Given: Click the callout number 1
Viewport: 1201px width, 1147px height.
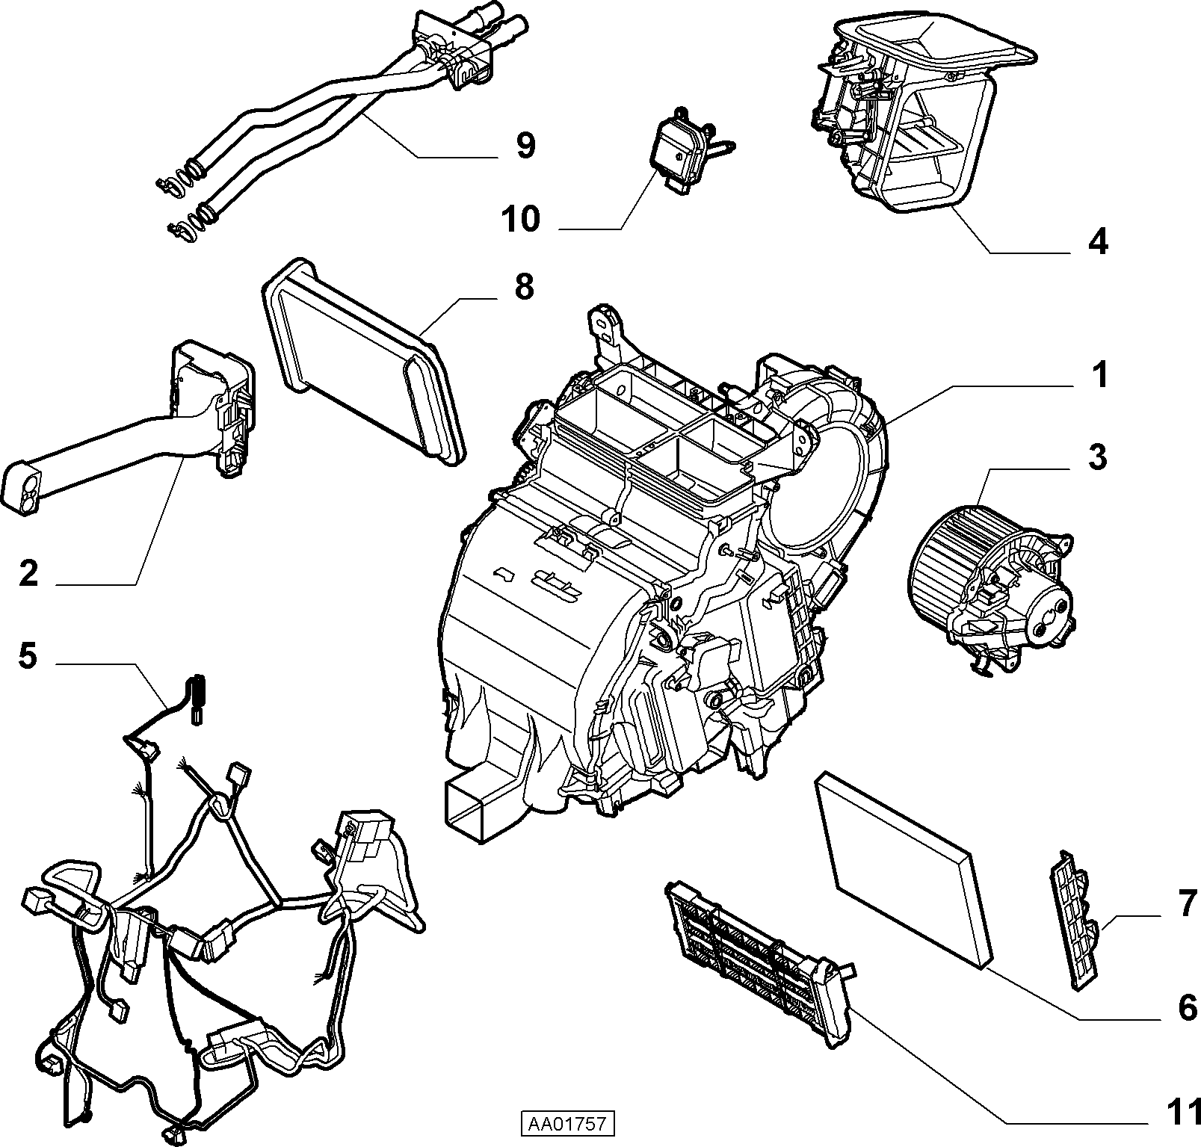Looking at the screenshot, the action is pyautogui.click(x=1098, y=376).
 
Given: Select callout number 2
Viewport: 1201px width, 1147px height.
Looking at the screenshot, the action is pyautogui.click(x=28, y=574).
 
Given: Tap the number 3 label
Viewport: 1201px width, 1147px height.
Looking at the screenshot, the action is pyautogui.click(x=1096, y=457).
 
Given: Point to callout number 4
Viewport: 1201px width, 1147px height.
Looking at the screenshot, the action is pyautogui.click(x=1098, y=242).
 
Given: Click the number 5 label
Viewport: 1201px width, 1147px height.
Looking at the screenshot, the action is pyautogui.click(x=28, y=658).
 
